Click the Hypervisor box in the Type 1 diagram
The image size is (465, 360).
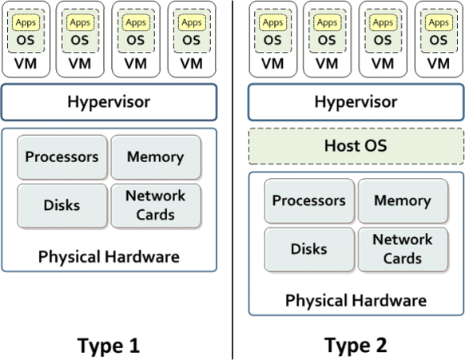tap(109, 102)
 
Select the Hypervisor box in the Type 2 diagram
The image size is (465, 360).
tap(356, 102)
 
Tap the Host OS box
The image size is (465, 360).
tap(356, 146)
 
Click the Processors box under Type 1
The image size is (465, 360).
tap(62, 157)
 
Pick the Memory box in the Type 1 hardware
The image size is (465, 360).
tap(156, 157)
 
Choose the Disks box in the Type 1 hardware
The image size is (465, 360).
tap(62, 206)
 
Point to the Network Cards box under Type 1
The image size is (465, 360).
tap(156, 206)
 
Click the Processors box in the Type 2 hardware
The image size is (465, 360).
tap(309, 200)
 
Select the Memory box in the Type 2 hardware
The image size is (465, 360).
tap(403, 200)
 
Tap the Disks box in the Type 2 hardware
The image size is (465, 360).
tap(309, 249)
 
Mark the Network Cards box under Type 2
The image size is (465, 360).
tap(403, 249)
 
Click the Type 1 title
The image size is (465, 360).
tap(109, 346)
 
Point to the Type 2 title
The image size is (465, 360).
tap(356, 346)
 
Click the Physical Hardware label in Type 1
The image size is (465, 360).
tap(109, 256)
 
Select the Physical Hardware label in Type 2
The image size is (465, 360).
tap(356, 300)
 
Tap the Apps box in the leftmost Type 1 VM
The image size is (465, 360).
tap(26, 22)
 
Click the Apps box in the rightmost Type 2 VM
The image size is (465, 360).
tap(439, 22)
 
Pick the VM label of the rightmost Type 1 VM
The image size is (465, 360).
tap(192, 64)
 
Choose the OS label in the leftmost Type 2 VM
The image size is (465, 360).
tap(272, 40)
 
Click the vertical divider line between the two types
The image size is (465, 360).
tap(232, 180)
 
